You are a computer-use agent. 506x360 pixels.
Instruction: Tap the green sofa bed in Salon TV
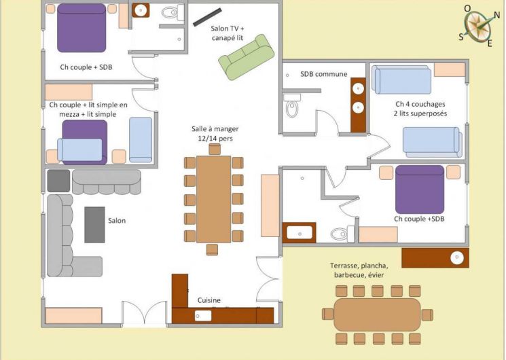coord(247,57)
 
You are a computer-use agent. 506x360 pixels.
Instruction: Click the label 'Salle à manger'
coord(215,129)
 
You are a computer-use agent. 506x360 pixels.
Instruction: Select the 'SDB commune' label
coord(324,74)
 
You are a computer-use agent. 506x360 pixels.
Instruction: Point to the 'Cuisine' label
coord(209,300)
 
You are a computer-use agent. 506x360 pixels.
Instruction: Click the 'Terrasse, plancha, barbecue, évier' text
coord(359,270)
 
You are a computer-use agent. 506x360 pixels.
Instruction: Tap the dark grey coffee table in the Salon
coord(94,225)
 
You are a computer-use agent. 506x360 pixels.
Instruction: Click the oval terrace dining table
coord(377,314)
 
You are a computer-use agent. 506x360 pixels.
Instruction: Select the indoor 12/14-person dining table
coord(214,199)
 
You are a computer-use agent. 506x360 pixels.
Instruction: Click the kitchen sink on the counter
coord(203,316)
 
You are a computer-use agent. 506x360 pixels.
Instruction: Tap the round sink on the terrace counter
coord(457,257)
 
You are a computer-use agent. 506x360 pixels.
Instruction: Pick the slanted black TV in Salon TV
coord(207,17)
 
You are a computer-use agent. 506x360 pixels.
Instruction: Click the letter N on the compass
coord(496,15)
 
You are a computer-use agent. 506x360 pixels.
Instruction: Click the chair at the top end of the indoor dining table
coord(215,149)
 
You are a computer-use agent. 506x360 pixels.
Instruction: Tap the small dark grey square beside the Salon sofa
coord(58,181)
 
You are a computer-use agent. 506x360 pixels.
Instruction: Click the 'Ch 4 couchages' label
coord(420,105)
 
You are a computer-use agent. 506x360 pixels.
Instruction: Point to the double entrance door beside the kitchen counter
coord(144,312)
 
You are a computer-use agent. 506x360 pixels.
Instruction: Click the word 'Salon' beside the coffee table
coord(117,221)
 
